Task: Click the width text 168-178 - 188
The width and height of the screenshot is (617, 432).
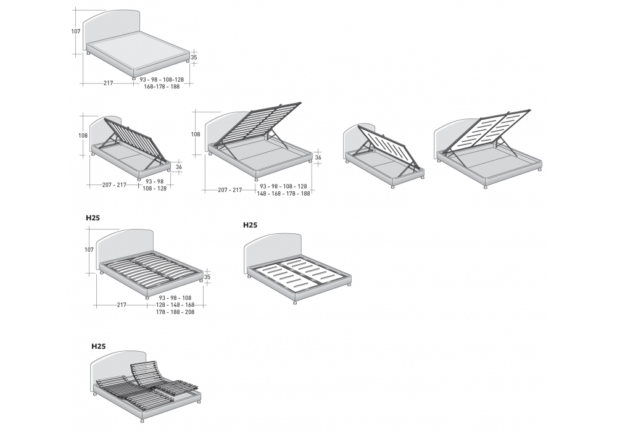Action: tap(162, 87)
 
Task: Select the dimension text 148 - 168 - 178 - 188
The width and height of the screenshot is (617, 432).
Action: tap(285, 194)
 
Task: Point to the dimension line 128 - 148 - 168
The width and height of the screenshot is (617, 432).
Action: tap(176, 305)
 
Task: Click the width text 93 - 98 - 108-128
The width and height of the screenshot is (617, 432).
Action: tap(162, 80)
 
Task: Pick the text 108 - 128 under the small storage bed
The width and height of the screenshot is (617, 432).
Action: tap(155, 189)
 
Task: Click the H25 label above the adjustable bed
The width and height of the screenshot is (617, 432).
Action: tap(99, 347)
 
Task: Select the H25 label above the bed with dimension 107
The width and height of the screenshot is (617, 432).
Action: tap(93, 217)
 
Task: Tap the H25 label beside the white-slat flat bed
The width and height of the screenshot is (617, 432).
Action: tap(250, 226)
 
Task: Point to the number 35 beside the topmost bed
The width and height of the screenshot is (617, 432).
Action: tap(194, 57)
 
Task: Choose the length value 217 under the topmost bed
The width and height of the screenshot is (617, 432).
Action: tap(109, 83)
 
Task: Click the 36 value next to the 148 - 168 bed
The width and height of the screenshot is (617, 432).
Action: tap(318, 158)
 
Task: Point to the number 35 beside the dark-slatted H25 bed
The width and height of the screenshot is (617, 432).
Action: tap(207, 277)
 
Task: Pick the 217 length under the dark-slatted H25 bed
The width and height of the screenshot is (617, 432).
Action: tap(122, 305)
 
